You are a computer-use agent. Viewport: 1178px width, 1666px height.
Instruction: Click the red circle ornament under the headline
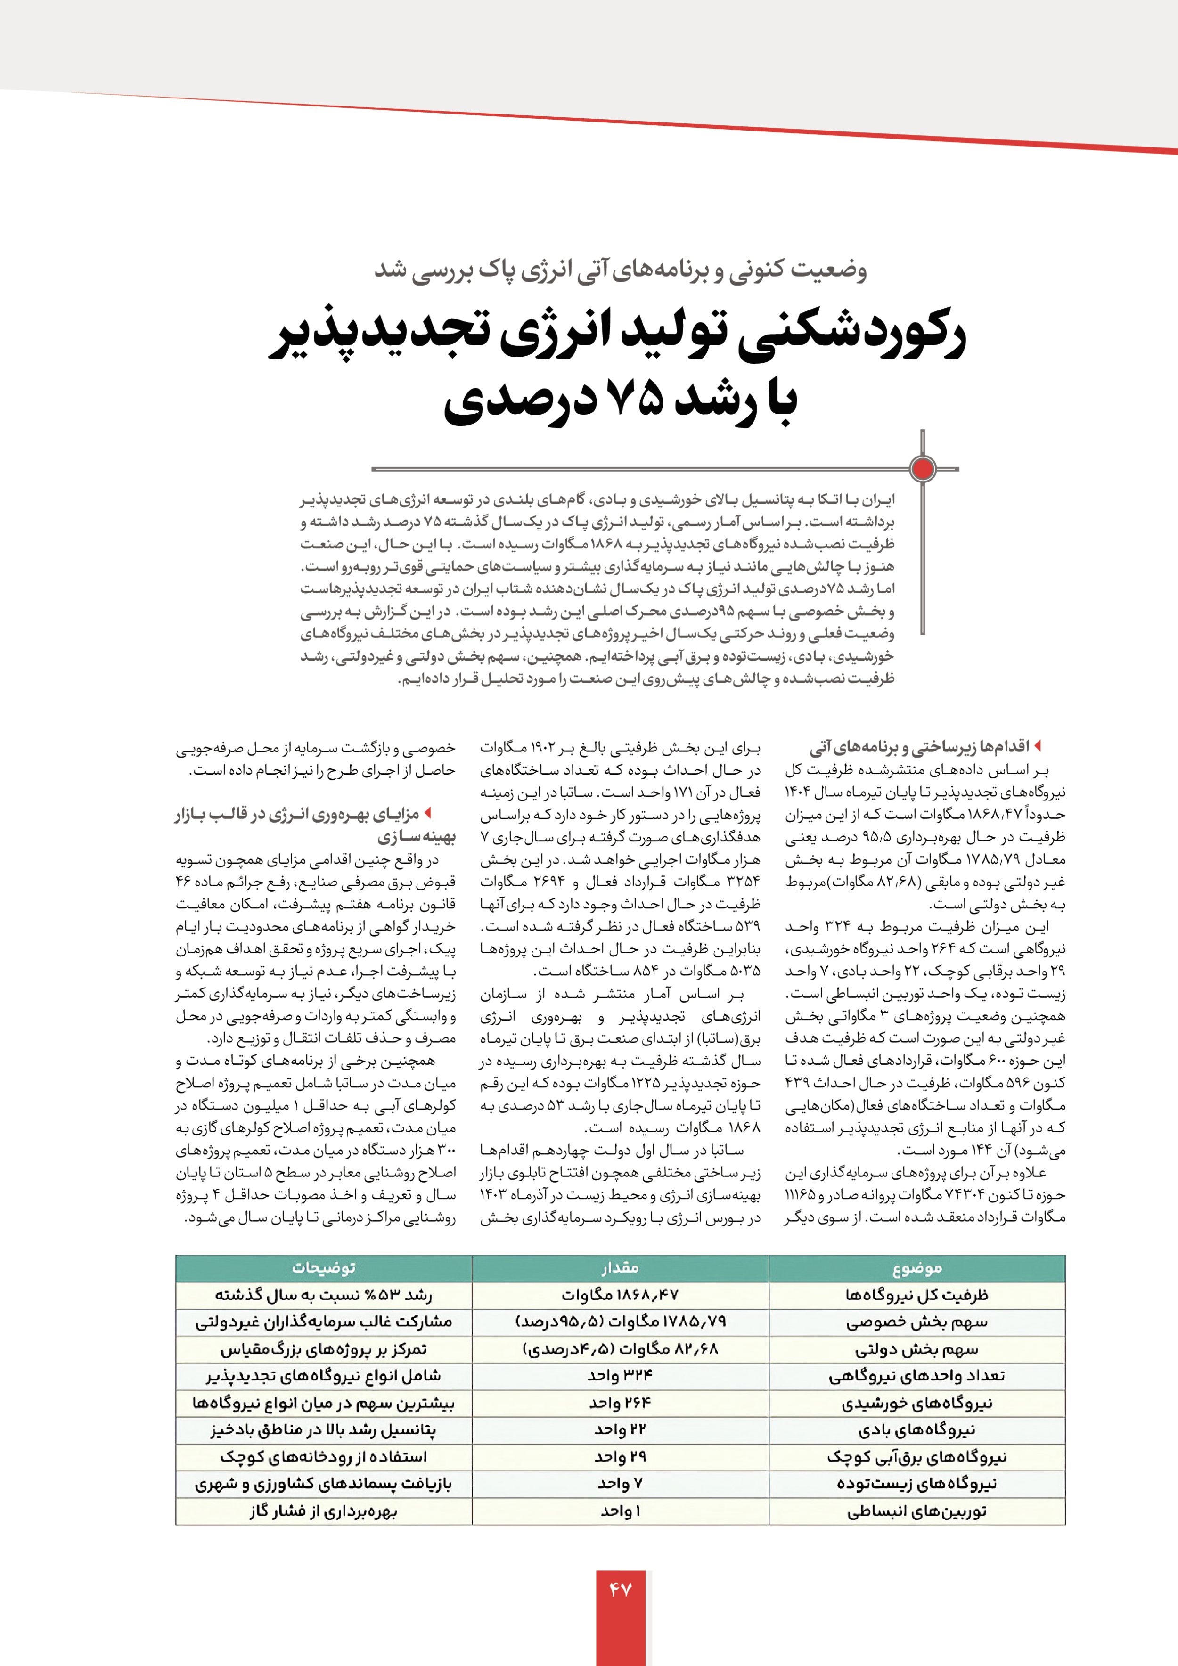[x=923, y=469]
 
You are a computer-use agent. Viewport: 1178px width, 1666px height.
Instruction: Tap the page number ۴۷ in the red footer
[x=621, y=1590]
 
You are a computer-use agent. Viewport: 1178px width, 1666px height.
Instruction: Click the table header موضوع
[x=916, y=1268]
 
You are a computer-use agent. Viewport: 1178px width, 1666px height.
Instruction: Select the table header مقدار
[x=620, y=1268]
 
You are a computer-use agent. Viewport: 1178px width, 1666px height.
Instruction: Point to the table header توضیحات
[x=324, y=1268]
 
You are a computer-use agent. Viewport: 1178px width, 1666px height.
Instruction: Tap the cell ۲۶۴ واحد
[x=620, y=1403]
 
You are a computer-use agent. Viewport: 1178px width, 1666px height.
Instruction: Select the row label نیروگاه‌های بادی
[x=916, y=1430]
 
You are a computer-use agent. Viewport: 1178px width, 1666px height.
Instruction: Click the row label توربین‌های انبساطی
[x=916, y=1511]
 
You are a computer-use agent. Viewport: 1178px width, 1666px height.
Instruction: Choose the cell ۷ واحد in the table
[x=620, y=1484]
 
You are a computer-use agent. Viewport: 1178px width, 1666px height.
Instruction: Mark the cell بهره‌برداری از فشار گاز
[x=324, y=1511]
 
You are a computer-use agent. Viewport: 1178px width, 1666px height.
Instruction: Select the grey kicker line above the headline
[x=621, y=270]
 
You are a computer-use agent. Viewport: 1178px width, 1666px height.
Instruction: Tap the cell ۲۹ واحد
[x=620, y=1457]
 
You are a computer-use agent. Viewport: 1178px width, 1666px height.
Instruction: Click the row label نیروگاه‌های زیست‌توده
[x=916, y=1484]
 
